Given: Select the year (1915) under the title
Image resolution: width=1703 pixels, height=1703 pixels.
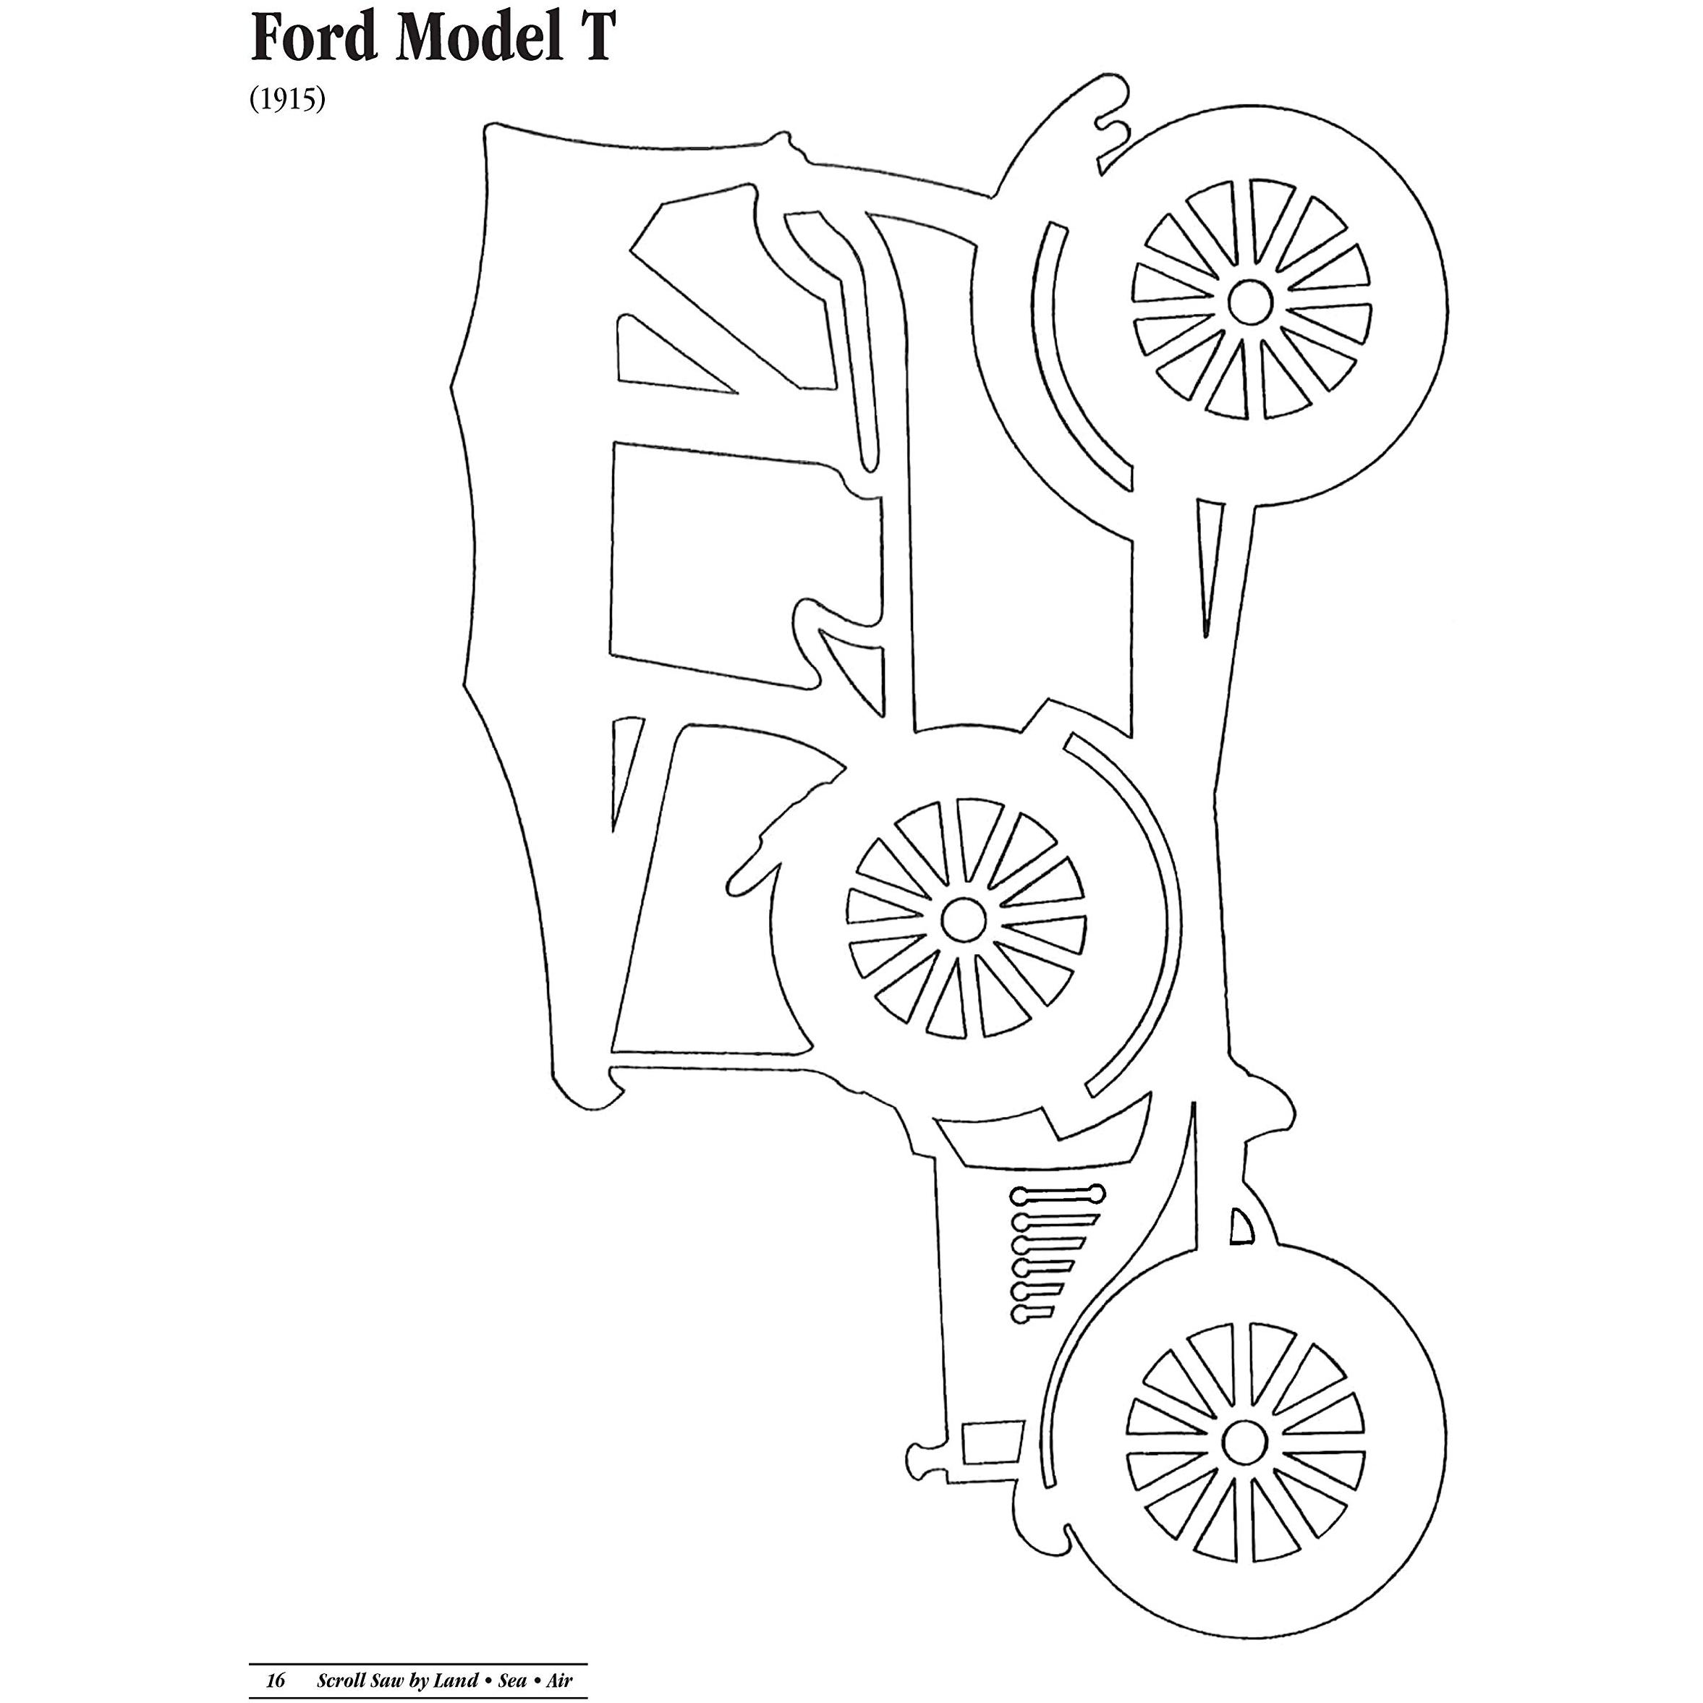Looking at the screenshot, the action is click(287, 100).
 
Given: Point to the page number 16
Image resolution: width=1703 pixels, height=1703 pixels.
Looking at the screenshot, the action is click(276, 1679).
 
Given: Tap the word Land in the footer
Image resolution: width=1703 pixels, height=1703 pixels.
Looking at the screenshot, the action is click(457, 1679).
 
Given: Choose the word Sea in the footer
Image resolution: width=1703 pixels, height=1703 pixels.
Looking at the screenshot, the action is click(512, 1679).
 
